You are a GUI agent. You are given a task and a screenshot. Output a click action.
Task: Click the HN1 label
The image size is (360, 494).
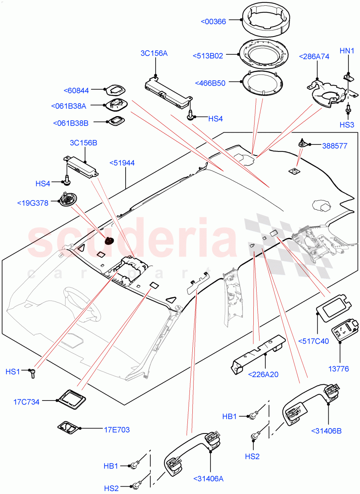tap(347, 51)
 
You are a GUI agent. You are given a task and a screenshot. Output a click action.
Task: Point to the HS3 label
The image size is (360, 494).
tap(347, 125)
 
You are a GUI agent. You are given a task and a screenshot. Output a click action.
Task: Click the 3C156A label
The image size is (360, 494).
tap(154, 53)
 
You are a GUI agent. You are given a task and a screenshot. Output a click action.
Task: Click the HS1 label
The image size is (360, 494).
tap(13, 371)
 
